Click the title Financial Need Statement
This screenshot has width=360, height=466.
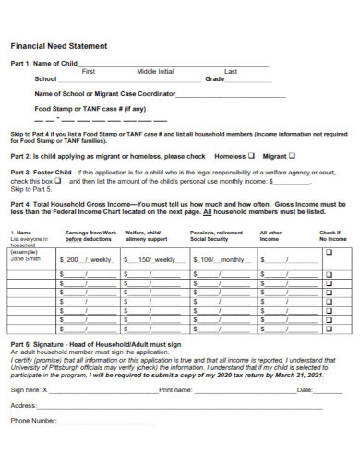coord(58,45)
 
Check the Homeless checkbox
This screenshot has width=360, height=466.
coord(253,156)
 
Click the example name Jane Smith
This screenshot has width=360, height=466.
coord(25,260)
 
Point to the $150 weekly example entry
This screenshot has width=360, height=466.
coord(150,260)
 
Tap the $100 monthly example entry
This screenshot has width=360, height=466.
coord(216,260)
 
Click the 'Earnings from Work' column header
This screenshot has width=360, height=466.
coord(91,235)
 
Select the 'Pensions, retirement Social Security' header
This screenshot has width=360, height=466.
coord(217,235)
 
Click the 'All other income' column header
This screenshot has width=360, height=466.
coord(271,235)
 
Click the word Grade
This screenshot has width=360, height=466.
coord(215,79)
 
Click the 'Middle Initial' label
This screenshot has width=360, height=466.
coord(155,71)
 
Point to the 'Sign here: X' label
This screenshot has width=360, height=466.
coord(28,390)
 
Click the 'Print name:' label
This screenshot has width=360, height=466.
coord(175,390)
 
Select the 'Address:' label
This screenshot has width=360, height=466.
coord(23,405)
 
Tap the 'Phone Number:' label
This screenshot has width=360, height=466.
coord(34,421)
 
